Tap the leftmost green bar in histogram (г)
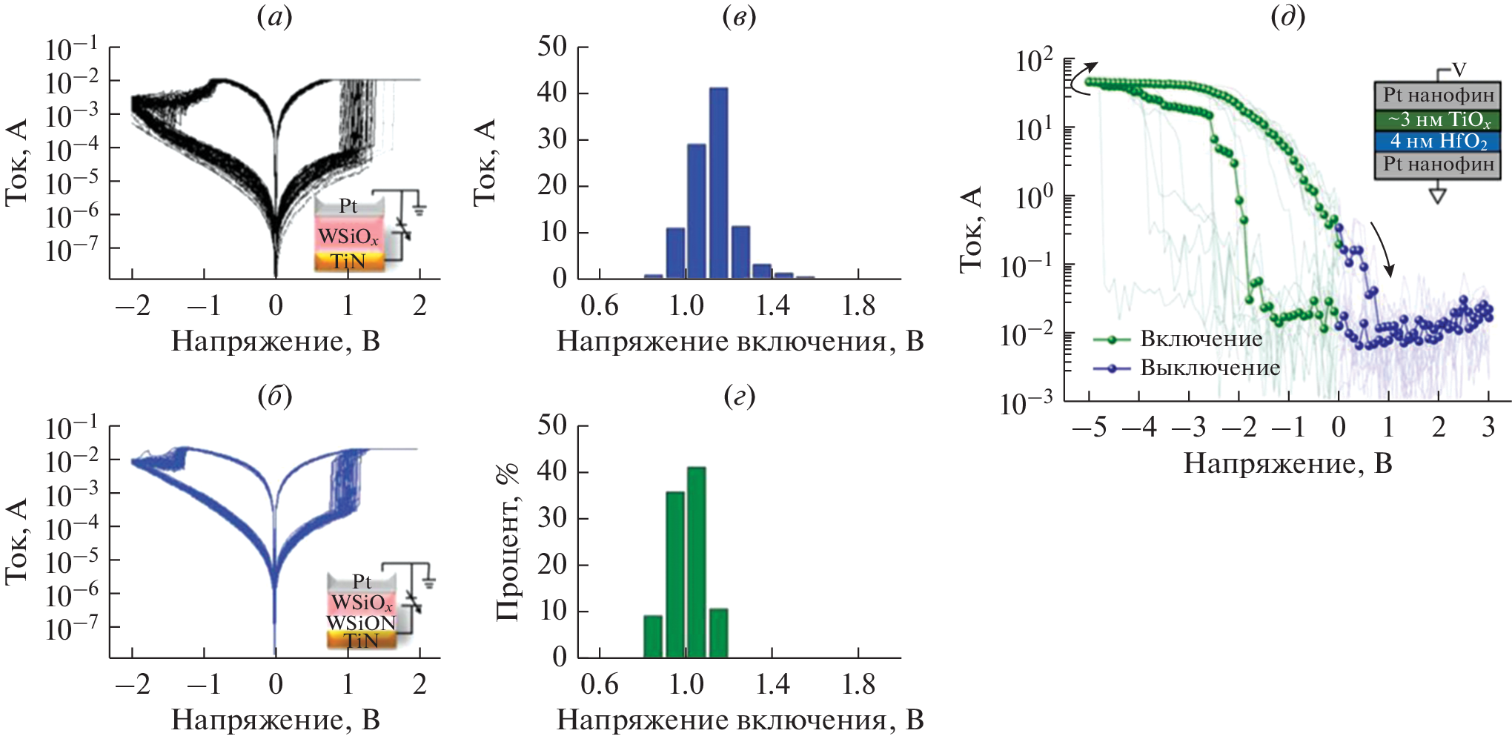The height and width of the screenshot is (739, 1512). point(653,636)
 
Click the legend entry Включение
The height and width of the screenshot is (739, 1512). point(1201,339)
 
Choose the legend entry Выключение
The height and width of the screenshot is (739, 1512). point(1210,368)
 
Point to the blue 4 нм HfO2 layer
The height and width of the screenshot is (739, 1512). point(1437,142)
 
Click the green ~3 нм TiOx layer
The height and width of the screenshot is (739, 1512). point(1437,119)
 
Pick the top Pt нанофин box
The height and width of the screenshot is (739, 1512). point(1437,96)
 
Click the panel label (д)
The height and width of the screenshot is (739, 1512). point(1287,16)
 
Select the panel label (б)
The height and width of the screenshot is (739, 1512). point(274,397)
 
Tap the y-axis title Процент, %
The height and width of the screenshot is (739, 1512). point(508,542)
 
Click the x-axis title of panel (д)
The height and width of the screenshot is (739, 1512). point(1287,463)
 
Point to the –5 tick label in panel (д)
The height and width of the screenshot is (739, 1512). point(1089,428)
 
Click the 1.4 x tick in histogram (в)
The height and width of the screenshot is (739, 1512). point(772,305)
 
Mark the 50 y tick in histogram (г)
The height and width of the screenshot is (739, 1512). point(553,425)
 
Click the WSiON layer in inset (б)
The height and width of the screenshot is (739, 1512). point(362,623)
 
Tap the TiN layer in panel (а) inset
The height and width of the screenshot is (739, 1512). point(348,262)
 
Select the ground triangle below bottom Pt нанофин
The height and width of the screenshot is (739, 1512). point(1437,196)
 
